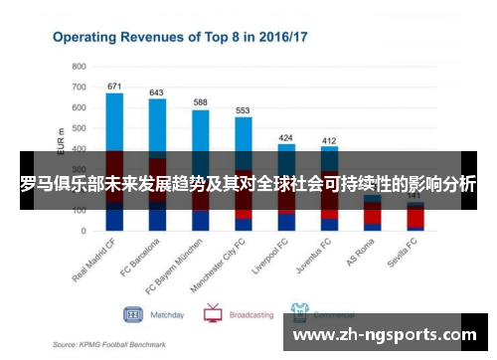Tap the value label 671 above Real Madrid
(114, 86)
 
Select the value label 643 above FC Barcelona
(157, 92)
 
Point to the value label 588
(201, 102)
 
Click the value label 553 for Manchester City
(243, 110)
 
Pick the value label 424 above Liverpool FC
(286, 137)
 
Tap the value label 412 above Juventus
(329, 140)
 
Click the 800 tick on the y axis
(80, 66)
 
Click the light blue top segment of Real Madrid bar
(114, 119)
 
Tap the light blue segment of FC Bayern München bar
(201, 129)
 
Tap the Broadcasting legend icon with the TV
(213, 313)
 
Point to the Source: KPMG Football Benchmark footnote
(110, 344)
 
